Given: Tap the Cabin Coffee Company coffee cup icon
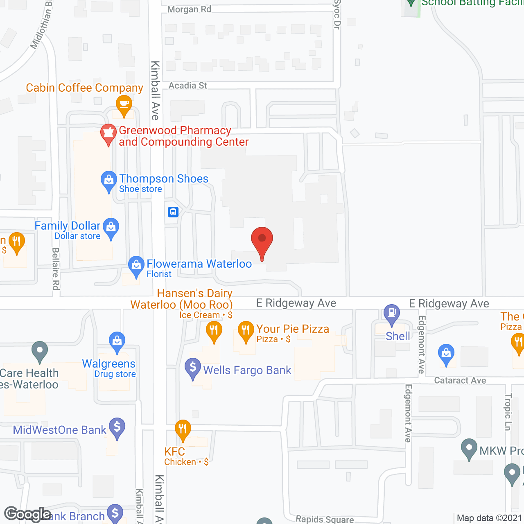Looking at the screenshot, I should (x=124, y=104).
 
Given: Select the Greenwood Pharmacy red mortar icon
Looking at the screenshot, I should (x=108, y=133).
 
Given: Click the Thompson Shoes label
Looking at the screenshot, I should (x=164, y=179).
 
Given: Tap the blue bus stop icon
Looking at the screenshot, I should (x=173, y=212).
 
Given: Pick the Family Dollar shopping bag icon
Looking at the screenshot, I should (x=111, y=227).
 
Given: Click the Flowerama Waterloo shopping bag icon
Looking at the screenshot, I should (x=136, y=265).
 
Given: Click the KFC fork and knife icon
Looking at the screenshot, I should (x=183, y=429).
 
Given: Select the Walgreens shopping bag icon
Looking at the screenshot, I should (x=117, y=341).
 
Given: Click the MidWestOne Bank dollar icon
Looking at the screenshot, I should (x=117, y=427).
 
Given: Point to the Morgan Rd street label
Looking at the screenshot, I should (x=189, y=9).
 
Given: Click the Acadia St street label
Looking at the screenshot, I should (x=188, y=86).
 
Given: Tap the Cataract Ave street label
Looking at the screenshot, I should (x=460, y=381).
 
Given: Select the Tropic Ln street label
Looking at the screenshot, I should (x=508, y=412).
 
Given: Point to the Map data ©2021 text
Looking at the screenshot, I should (x=489, y=518).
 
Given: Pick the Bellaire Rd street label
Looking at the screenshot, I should (x=56, y=269).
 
